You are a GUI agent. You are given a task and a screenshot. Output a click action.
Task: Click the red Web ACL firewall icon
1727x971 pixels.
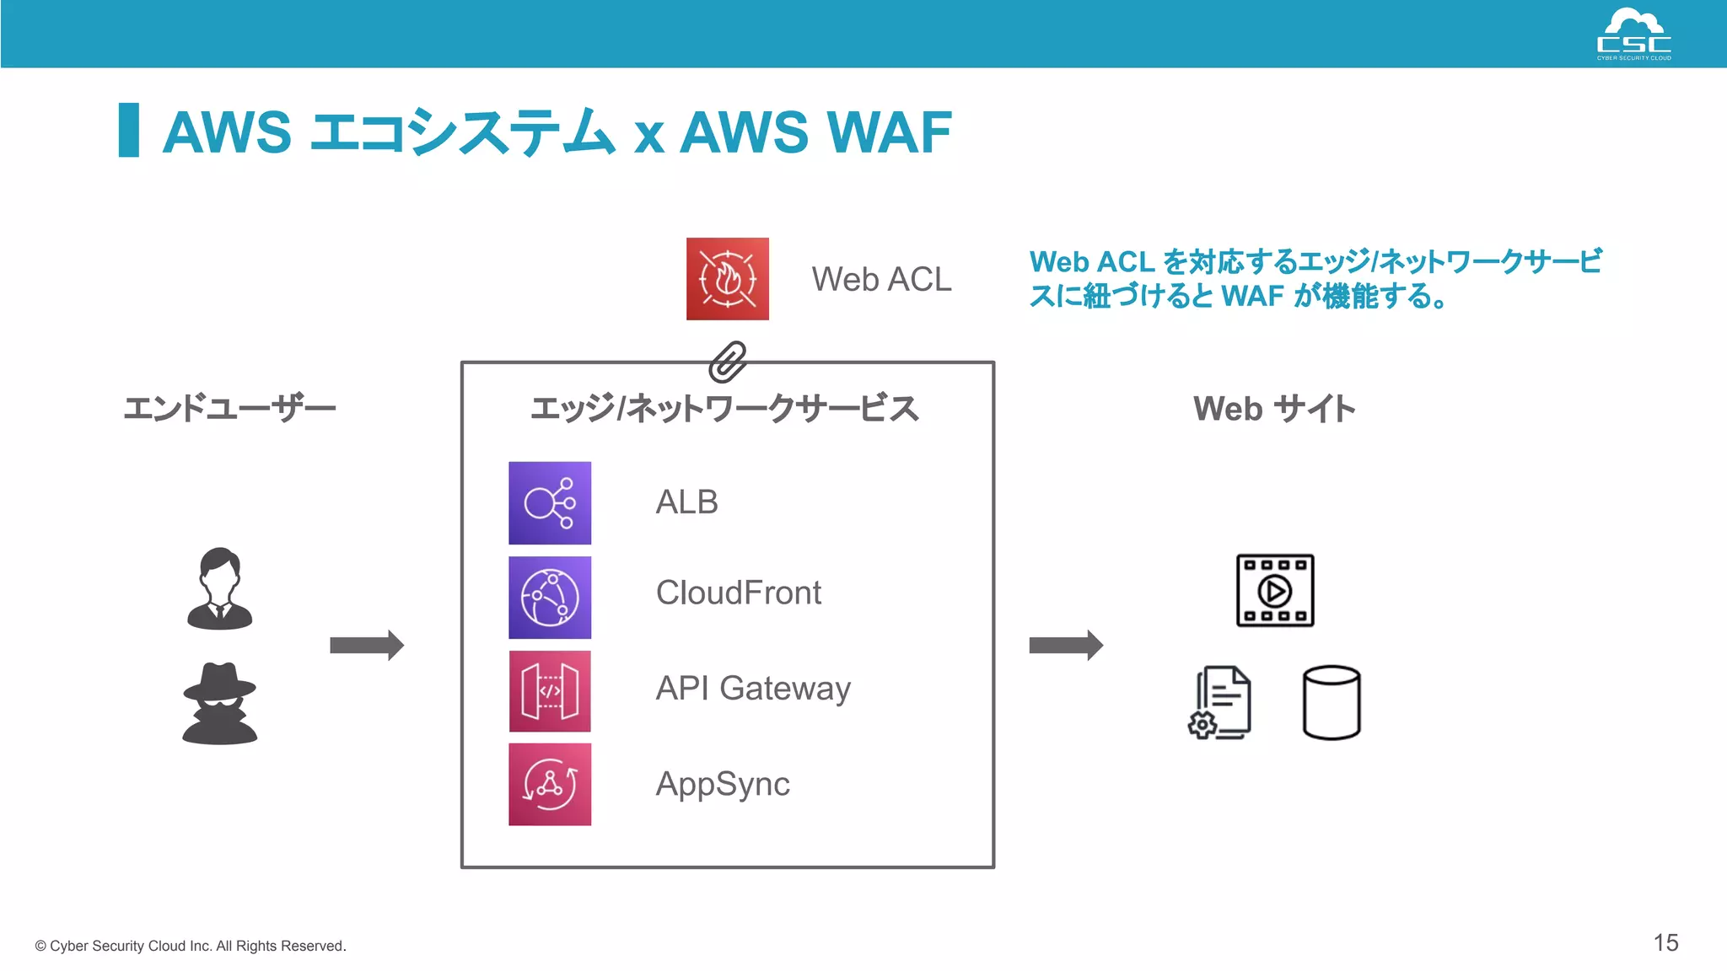coord(727,279)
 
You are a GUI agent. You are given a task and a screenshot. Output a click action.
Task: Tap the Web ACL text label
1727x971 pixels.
coord(881,279)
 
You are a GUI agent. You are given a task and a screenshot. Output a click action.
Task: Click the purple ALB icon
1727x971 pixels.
coord(550,503)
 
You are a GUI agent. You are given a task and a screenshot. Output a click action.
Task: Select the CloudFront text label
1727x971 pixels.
coord(738,593)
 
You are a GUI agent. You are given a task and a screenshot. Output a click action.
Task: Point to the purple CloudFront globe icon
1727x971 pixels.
coord(550,598)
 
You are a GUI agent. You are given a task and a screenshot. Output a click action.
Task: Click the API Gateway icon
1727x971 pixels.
coord(550,691)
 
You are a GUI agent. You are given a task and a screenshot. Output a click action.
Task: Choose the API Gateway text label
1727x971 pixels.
coord(753,689)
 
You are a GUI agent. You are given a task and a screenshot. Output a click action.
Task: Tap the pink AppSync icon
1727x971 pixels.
coord(550,784)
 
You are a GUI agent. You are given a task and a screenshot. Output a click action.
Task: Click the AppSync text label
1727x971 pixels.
coord(723,784)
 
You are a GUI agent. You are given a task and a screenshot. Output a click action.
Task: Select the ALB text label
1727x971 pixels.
coord(686,502)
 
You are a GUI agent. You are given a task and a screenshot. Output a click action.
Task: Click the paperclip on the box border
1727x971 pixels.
coord(727,362)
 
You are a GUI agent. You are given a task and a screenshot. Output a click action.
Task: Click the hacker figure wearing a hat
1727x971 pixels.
coord(219,704)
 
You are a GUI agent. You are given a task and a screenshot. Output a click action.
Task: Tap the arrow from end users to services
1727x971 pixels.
coord(367,646)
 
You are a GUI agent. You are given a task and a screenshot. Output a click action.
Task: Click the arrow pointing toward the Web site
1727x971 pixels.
coord(1066,646)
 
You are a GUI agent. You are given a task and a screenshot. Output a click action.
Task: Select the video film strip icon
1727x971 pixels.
coord(1274,590)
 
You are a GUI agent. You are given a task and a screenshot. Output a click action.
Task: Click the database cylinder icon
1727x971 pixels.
coord(1331,702)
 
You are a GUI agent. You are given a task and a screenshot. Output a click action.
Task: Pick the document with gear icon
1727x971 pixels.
coord(1220,702)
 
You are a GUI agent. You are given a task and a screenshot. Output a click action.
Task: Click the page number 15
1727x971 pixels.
coord(1665,942)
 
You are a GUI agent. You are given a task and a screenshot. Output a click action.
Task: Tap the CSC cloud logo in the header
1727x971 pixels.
coord(1633,34)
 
